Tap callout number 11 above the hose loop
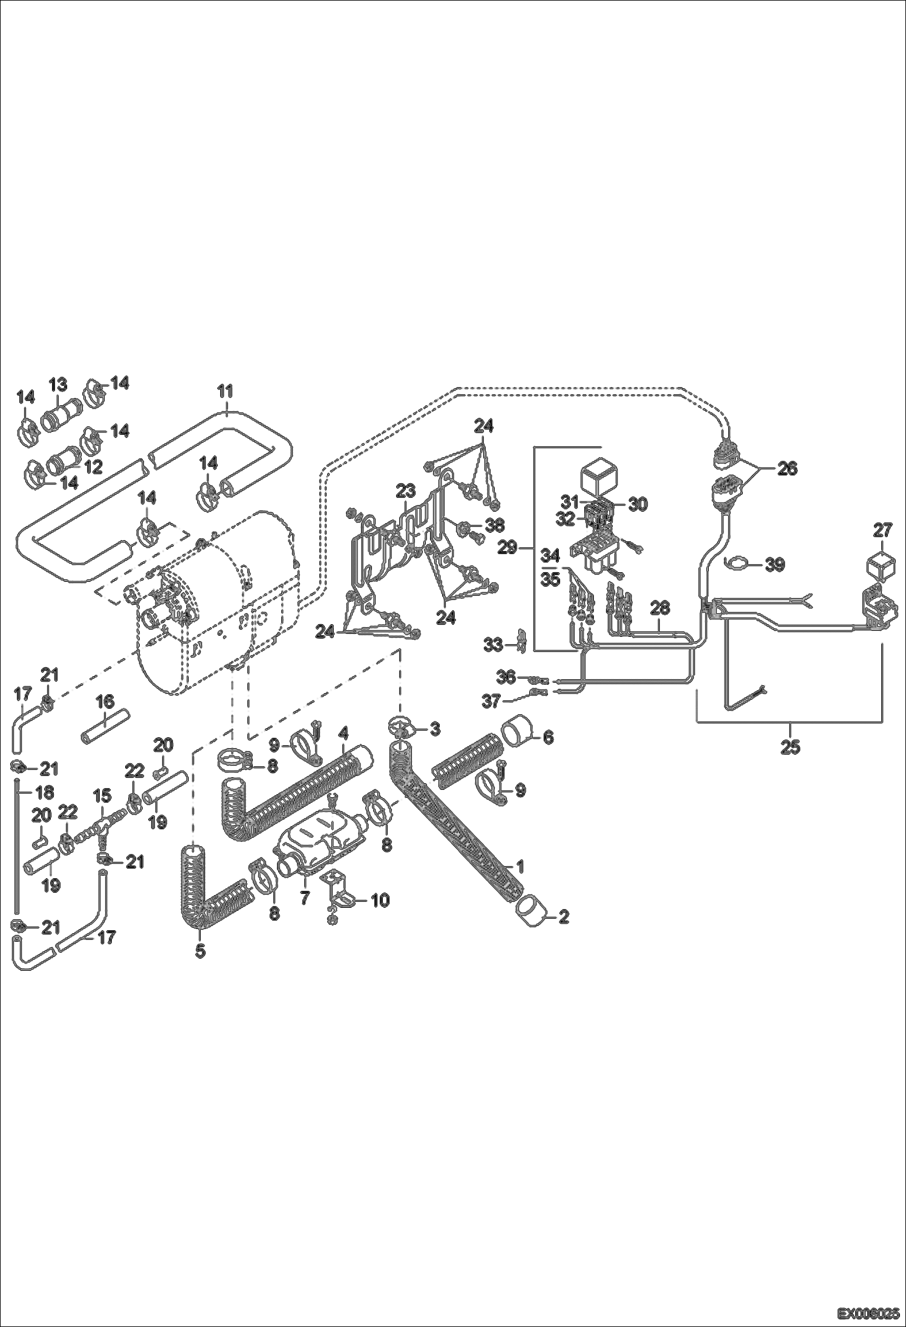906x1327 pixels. (225, 391)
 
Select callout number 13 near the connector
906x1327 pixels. (58, 384)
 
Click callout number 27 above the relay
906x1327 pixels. (882, 530)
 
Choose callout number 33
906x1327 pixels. (493, 645)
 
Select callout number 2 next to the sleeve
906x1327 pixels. (563, 918)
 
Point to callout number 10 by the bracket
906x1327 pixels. (380, 900)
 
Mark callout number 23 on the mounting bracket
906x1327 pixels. (406, 489)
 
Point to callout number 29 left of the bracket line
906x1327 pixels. (507, 548)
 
